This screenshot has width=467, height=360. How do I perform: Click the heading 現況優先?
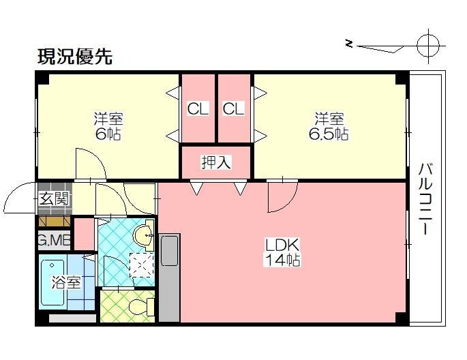74,57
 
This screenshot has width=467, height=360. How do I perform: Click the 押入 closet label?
215,162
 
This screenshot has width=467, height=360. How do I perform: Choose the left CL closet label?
198,108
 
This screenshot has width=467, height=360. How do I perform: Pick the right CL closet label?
234,108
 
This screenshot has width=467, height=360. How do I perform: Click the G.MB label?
54,240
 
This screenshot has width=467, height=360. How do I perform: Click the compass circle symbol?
430,46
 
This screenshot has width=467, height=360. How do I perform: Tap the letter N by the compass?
350,44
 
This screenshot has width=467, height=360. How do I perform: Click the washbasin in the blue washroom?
144,237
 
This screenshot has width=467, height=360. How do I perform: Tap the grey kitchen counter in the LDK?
170,276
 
